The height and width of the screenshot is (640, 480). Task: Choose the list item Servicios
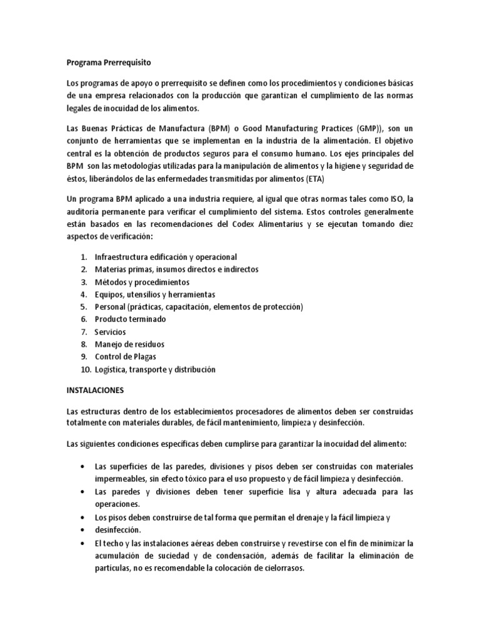[110, 332]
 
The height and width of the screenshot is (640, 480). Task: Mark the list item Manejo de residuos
[129, 344]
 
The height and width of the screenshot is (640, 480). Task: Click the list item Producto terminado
[130, 319]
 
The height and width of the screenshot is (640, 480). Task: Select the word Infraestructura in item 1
[121, 257]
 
